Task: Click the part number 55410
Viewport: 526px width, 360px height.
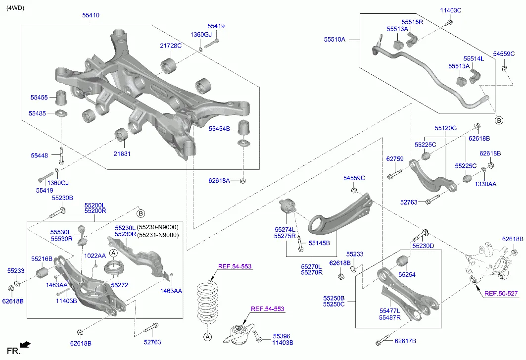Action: pos(91,15)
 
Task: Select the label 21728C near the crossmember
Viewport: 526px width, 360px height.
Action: pos(170,46)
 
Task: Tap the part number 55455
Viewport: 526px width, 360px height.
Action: pos(39,98)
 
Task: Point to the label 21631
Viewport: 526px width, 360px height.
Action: pos(122,154)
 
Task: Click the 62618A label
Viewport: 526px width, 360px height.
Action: pos(219,181)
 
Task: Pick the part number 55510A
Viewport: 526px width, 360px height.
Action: pos(335,39)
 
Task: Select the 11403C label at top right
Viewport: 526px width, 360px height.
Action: pos(451,10)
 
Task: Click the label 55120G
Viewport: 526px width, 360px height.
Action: pos(446,128)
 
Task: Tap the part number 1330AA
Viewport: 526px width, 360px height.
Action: pos(485,184)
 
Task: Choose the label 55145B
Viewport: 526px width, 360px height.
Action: pos(319,243)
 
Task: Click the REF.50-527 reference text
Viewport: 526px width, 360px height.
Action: pos(501,294)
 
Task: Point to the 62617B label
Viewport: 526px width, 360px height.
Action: pos(405,341)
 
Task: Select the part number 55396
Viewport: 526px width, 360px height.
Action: pos(282,335)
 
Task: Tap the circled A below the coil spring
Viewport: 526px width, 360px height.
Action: pos(208,337)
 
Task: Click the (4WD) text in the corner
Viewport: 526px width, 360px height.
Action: pos(15,7)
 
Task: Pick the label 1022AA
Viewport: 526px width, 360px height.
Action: pos(95,256)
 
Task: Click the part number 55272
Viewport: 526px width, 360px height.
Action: pos(119,285)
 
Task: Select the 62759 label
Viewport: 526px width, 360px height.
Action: pos(395,159)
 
